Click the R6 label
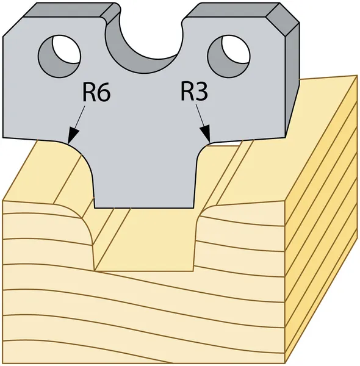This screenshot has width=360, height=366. click(x=96, y=91)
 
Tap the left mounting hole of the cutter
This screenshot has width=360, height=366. click(x=59, y=56)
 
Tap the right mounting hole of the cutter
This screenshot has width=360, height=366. click(x=229, y=56)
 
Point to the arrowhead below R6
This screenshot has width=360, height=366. click(x=72, y=136)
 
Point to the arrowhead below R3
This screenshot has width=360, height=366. click(x=206, y=134)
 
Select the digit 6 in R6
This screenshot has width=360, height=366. click(x=104, y=92)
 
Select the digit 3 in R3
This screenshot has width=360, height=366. click(x=201, y=91)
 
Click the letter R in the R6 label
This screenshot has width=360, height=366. click(x=89, y=91)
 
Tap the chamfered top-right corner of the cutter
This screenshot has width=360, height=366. click(x=283, y=20)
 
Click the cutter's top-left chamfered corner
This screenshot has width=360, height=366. click(x=13, y=26)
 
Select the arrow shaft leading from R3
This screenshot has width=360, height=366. click(x=200, y=115)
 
